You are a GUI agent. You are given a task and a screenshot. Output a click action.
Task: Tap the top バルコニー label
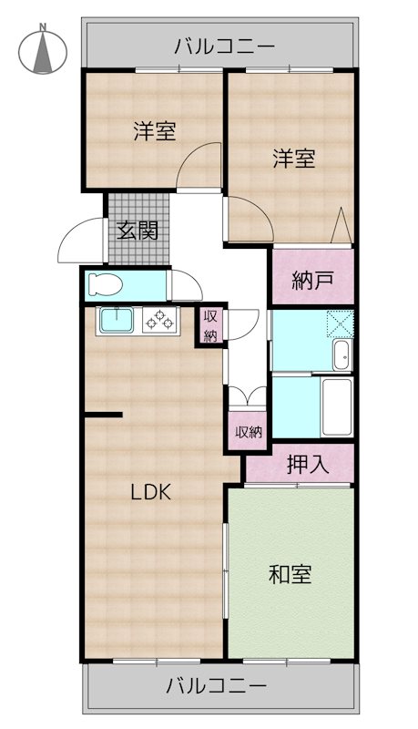218,44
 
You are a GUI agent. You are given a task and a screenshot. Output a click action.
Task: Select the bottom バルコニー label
218,683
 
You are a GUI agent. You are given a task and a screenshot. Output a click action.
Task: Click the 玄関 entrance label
137,229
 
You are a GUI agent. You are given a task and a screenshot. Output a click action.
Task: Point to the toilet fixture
103,285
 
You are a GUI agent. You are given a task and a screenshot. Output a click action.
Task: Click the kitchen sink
117,320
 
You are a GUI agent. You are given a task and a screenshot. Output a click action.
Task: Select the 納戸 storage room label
311,281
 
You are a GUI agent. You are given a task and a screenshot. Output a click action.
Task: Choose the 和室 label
291,575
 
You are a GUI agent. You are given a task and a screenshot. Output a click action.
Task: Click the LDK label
150,492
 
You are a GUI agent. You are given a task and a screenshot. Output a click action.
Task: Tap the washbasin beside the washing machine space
341,354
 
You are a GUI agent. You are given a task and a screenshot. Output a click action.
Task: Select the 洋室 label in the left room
154,131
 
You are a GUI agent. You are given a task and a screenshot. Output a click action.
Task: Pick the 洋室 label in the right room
293,159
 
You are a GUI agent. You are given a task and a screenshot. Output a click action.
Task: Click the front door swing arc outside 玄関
76,241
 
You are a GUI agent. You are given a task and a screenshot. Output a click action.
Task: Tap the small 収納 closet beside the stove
211,326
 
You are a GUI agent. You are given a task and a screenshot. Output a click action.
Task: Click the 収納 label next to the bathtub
249,432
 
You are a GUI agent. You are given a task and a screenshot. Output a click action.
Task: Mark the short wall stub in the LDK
103,416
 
